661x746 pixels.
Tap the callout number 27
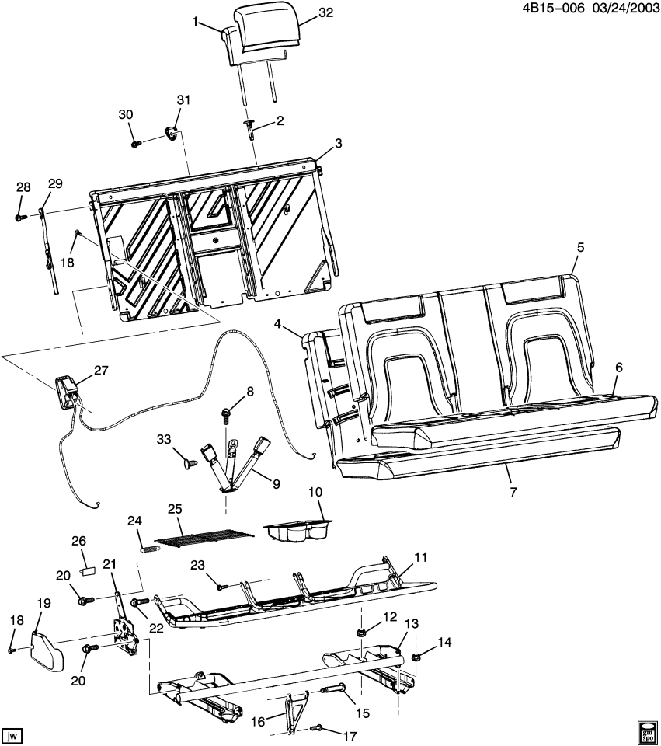(x=102, y=371)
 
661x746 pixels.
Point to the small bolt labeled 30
(x=136, y=143)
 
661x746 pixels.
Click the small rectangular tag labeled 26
(x=89, y=569)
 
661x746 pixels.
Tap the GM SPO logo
(x=646, y=730)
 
